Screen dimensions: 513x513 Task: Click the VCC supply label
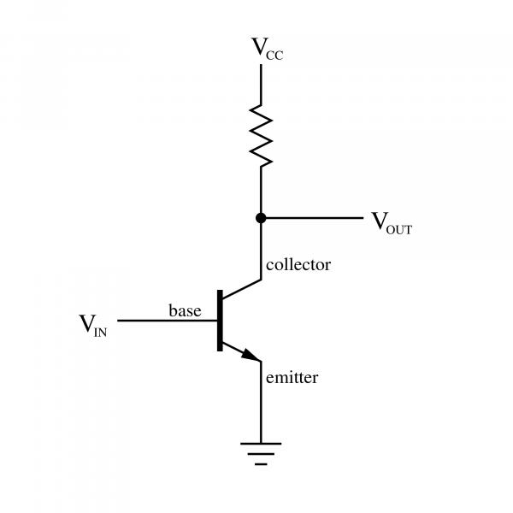pos(267,49)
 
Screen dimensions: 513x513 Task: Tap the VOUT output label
pos(392,223)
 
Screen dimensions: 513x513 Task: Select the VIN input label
pos(93,326)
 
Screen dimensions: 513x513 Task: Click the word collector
pos(298,265)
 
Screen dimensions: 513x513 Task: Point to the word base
pos(185,310)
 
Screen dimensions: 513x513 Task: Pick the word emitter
pos(292,378)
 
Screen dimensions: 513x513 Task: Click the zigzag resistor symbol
pos(261,136)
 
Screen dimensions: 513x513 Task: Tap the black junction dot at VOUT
pos(261,218)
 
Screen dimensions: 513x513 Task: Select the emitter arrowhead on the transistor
pos(251,356)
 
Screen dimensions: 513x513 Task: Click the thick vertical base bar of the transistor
pos(220,321)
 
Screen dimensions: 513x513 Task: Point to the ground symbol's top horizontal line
pos(261,444)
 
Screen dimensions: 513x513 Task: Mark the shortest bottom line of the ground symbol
pos(261,464)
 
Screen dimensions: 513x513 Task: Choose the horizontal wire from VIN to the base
pos(168,321)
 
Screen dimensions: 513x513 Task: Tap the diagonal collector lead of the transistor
pos(242,289)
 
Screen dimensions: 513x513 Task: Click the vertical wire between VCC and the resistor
pos(261,85)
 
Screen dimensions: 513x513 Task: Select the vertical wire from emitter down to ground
pos(261,402)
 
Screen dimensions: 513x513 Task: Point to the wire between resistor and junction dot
pos(261,190)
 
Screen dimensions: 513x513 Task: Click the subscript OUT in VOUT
pos(399,230)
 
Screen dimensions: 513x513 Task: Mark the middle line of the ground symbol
pos(261,454)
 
